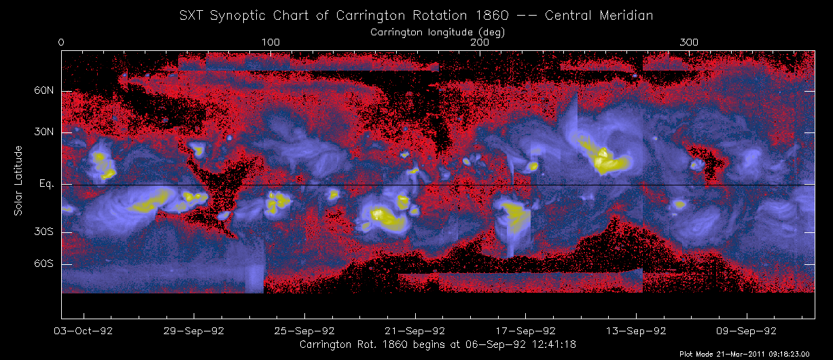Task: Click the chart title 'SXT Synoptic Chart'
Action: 416,15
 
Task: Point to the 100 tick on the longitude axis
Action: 270,43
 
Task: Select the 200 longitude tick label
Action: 480,43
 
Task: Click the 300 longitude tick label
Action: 690,43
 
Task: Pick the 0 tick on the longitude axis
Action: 62,43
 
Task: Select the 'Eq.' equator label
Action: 46,184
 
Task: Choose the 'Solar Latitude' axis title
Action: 19,181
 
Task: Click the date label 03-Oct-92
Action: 84,331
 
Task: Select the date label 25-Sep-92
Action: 305,331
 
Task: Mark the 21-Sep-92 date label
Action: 416,331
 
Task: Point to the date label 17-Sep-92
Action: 526,331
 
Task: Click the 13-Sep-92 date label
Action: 637,331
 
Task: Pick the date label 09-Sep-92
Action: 747,331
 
